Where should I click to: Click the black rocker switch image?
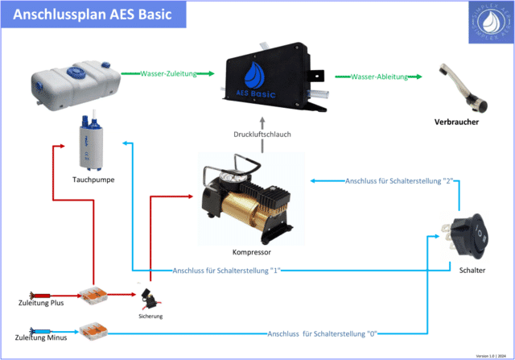point(468,234)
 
